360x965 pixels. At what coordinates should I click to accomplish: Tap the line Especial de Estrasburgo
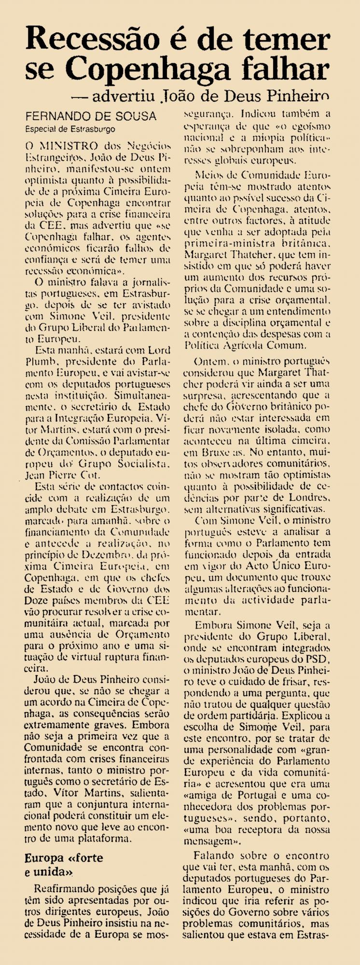(70, 128)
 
